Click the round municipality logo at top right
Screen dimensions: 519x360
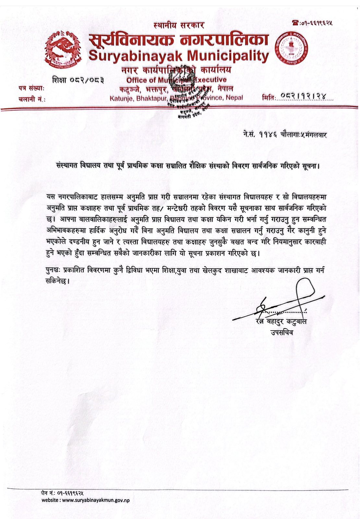(292, 49)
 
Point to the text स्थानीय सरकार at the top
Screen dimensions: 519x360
(179, 25)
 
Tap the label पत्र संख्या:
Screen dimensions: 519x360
(31, 88)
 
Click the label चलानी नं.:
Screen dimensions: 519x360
(32, 99)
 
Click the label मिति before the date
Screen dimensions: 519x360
(268, 97)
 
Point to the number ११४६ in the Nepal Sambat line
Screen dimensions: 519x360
(268, 134)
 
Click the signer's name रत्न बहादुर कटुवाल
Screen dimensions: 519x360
(281, 321)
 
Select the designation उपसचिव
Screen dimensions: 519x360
(282, 332)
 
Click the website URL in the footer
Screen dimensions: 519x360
(96, 500)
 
